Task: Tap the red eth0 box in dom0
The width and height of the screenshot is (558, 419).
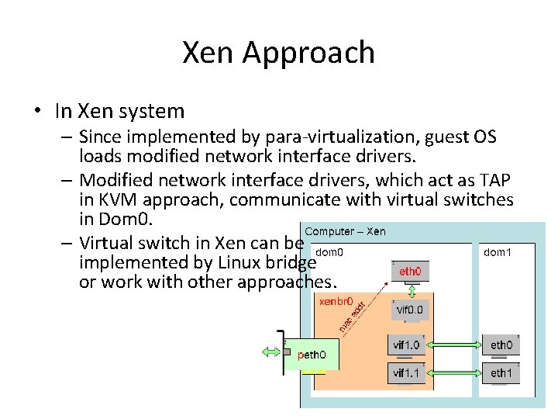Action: [410, 272]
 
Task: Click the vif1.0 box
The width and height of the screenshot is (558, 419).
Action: [407, 345]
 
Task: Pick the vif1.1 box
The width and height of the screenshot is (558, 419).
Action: [407, 373]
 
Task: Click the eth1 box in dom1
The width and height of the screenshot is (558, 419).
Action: [501, 373]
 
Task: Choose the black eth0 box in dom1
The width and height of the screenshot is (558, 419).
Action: [501, 345]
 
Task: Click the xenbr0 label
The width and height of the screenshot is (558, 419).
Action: [336, 301]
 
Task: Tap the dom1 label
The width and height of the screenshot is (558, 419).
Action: [498, 252]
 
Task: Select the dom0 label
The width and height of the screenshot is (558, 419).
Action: [330, 252]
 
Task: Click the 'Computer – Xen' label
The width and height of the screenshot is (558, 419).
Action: [345, 231]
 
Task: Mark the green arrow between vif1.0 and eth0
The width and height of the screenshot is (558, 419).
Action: [454, 345]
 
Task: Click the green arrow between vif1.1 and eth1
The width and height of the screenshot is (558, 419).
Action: [454, 373]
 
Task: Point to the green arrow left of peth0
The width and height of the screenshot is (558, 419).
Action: [274, 351]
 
